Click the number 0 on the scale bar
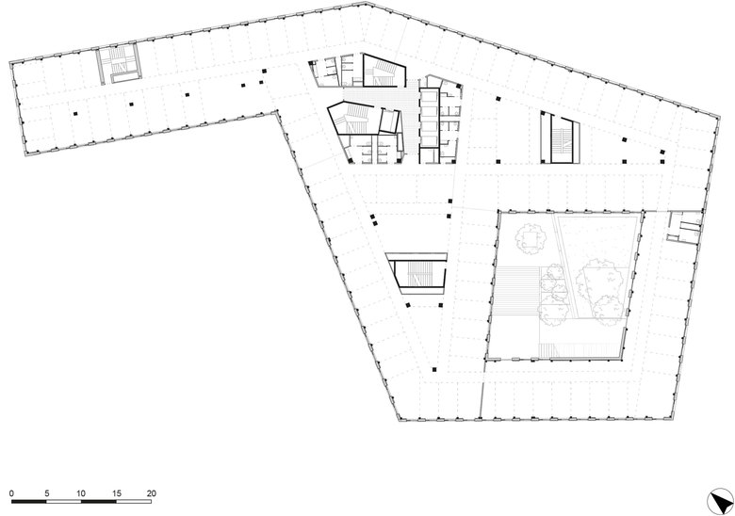11,493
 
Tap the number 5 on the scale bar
47,493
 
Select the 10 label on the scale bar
81,493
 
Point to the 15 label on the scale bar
116,493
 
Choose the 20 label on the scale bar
151,493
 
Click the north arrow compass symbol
720,501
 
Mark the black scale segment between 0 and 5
29,502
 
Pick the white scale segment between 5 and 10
64,502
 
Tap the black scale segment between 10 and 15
99,502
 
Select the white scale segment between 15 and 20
134,502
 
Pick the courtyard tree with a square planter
531,239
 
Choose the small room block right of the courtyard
684,227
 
